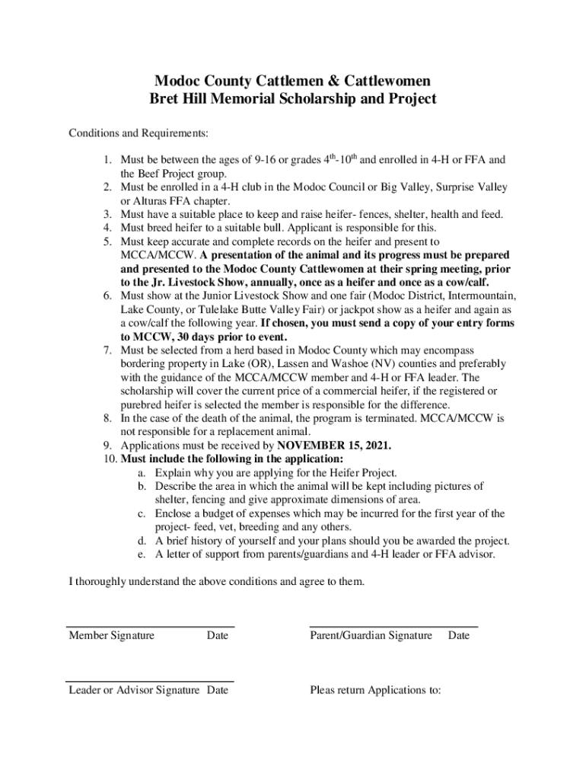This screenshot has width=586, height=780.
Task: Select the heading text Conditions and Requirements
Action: click(x=139, y=133)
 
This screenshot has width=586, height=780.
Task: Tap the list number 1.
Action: click(x=108, y=161)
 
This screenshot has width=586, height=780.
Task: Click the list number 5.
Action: click(x=108, y=241)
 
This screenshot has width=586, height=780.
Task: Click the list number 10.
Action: click(x=106, y=459)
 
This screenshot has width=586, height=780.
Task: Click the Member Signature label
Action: click(x=111, y=635)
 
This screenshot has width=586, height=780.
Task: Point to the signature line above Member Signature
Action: click(x=150, y=625)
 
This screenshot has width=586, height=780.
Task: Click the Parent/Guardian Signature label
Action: click(x=371, y=635)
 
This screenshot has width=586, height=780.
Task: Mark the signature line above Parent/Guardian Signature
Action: click(x=393, y=625)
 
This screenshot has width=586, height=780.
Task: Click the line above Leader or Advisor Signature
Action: click(x=150, y=681)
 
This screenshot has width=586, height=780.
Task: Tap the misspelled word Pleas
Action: click(x=323, y=690)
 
